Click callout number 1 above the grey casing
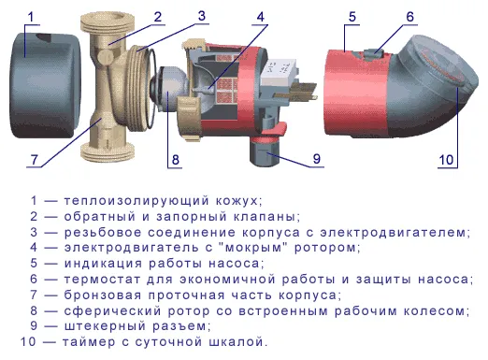tap(30, 17)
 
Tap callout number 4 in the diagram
tap(261, 17)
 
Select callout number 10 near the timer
tap(446, 160)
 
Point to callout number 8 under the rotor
tap(176, 160)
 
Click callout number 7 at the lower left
tap(34, 160)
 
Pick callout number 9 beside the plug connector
tap(316, 159)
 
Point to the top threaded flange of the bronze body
tap(108, 23)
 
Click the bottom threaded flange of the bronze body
tap(108, 152)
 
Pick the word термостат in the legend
tap(103, 280)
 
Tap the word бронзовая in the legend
tap(103, 295)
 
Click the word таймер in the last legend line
tap(89, 342)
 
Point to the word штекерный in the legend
tap(105, 326)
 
